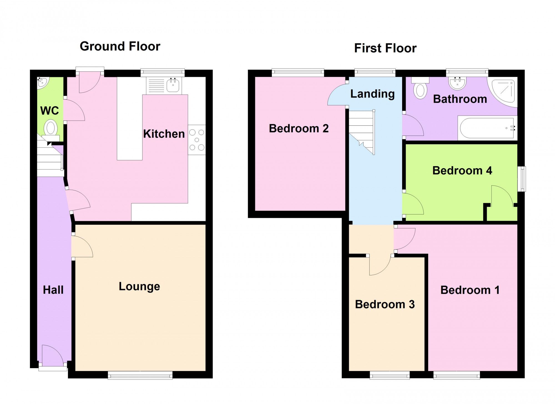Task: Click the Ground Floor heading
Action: pyautogui.click(x=120, y=46)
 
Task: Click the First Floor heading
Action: pyautogui.click(x=385, y=48)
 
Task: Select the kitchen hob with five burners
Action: pyautogui.click(x=197, y=140)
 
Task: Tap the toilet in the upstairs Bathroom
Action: pyautogui.click(x=420, y=89)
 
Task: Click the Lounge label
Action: pyautogui.click(x=139, y=286)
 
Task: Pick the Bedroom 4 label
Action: pyautogui.click(x=462, y=171)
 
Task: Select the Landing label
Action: pyautogui.click(x=372, y=94)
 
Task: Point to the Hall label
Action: pyautogui.click(x=53, y=290)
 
